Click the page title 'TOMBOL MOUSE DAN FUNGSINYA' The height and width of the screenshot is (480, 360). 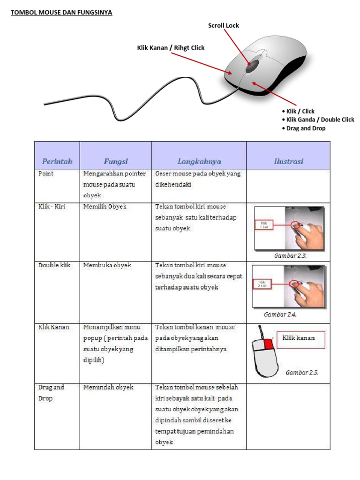pos(61,13)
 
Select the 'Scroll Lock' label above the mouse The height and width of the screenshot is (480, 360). pos(224,25)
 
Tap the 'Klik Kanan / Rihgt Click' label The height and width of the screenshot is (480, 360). pos(171,48)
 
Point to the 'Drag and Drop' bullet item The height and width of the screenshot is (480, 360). pos(306,128)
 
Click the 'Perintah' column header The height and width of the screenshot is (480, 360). pos(57,161)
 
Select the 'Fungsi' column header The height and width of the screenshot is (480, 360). pos(115,161)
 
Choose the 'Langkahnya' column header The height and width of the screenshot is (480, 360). pos(199,161)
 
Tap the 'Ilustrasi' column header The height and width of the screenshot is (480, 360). pos(288,161)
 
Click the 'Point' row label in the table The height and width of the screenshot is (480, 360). pos(46,173)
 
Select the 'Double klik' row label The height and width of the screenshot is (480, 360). pos(54,265)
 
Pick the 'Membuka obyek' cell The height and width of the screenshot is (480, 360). pos(107,265)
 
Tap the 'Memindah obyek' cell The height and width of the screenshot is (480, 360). pos(108,387)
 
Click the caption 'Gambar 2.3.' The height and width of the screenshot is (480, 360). pos(290,256)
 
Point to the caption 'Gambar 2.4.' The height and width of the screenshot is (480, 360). pos(280,315)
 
